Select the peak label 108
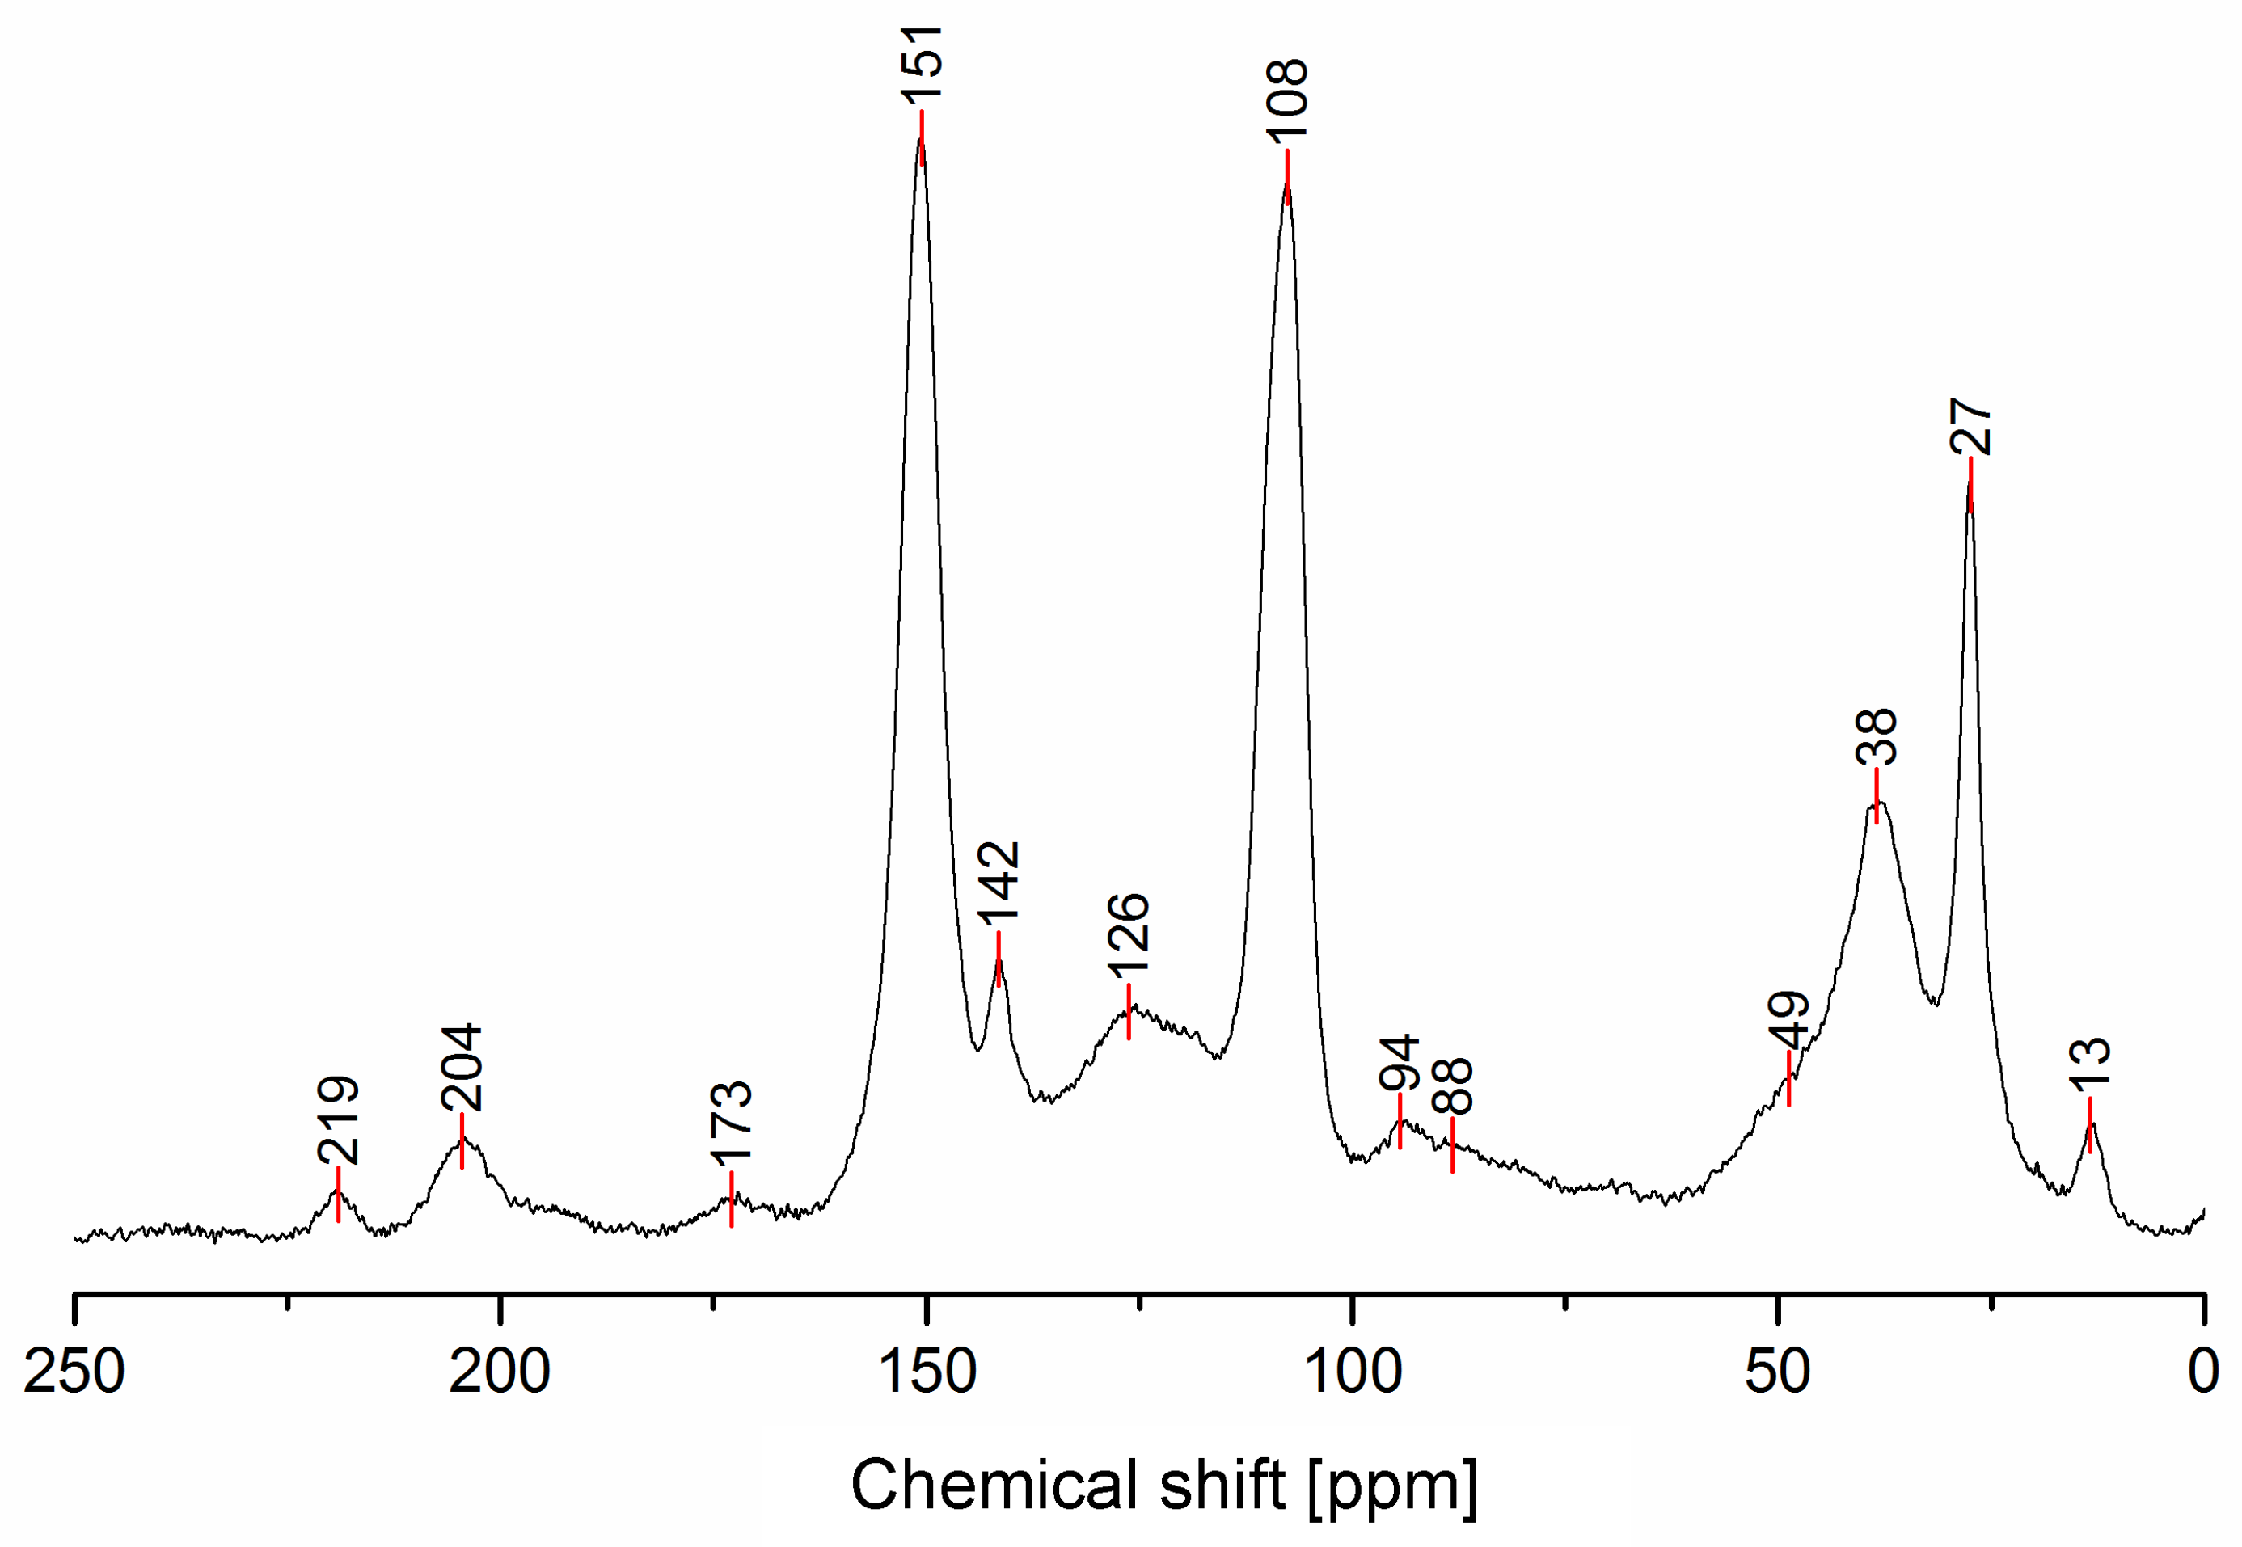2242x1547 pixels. click(1287, 101)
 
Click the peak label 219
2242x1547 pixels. click(338, 1119)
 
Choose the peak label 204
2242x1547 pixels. click(462, 1067)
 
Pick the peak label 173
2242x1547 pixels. click(731, 1123)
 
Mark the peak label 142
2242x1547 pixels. click(999, 880)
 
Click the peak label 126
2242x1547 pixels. click(1128, 935)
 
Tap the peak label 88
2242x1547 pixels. click(1452, 1085)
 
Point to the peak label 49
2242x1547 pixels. click(1788, 1021)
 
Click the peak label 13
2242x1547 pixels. click(2090, 1066)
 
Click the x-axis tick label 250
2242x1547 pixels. click(74, 1372)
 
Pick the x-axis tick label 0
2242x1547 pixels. click(2203, 1372)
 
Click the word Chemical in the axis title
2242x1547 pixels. click(994, 1484)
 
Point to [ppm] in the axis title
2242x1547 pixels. click(1392, 1486)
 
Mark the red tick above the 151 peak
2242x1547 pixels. click(922, 137)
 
